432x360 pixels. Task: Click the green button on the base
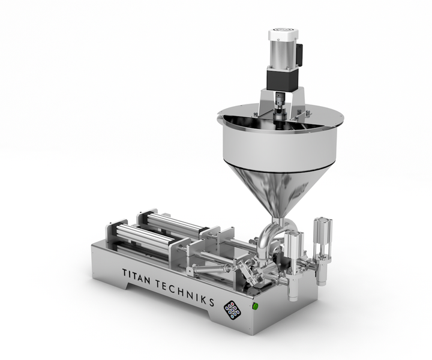point(256,306)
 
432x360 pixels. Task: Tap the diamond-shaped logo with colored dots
point(232,310)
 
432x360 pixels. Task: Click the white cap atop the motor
point(283,35)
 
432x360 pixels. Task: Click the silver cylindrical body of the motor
point(283,55)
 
